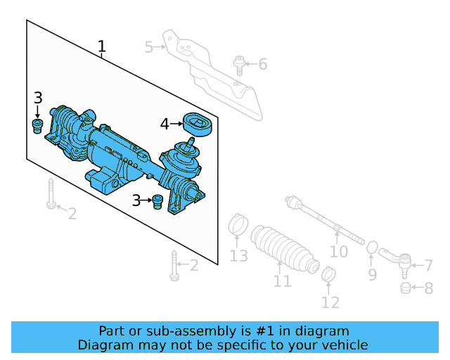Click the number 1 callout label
tap(102, 47)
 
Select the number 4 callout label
tap(165, 124)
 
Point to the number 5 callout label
tap(148, 47)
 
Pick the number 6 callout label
tap(263, 65)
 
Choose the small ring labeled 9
tap(373, 248)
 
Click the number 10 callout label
tap(339, 251)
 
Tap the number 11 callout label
tap(282, 282)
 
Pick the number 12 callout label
tap(330, 303)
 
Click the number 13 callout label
tap(239, 256)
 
